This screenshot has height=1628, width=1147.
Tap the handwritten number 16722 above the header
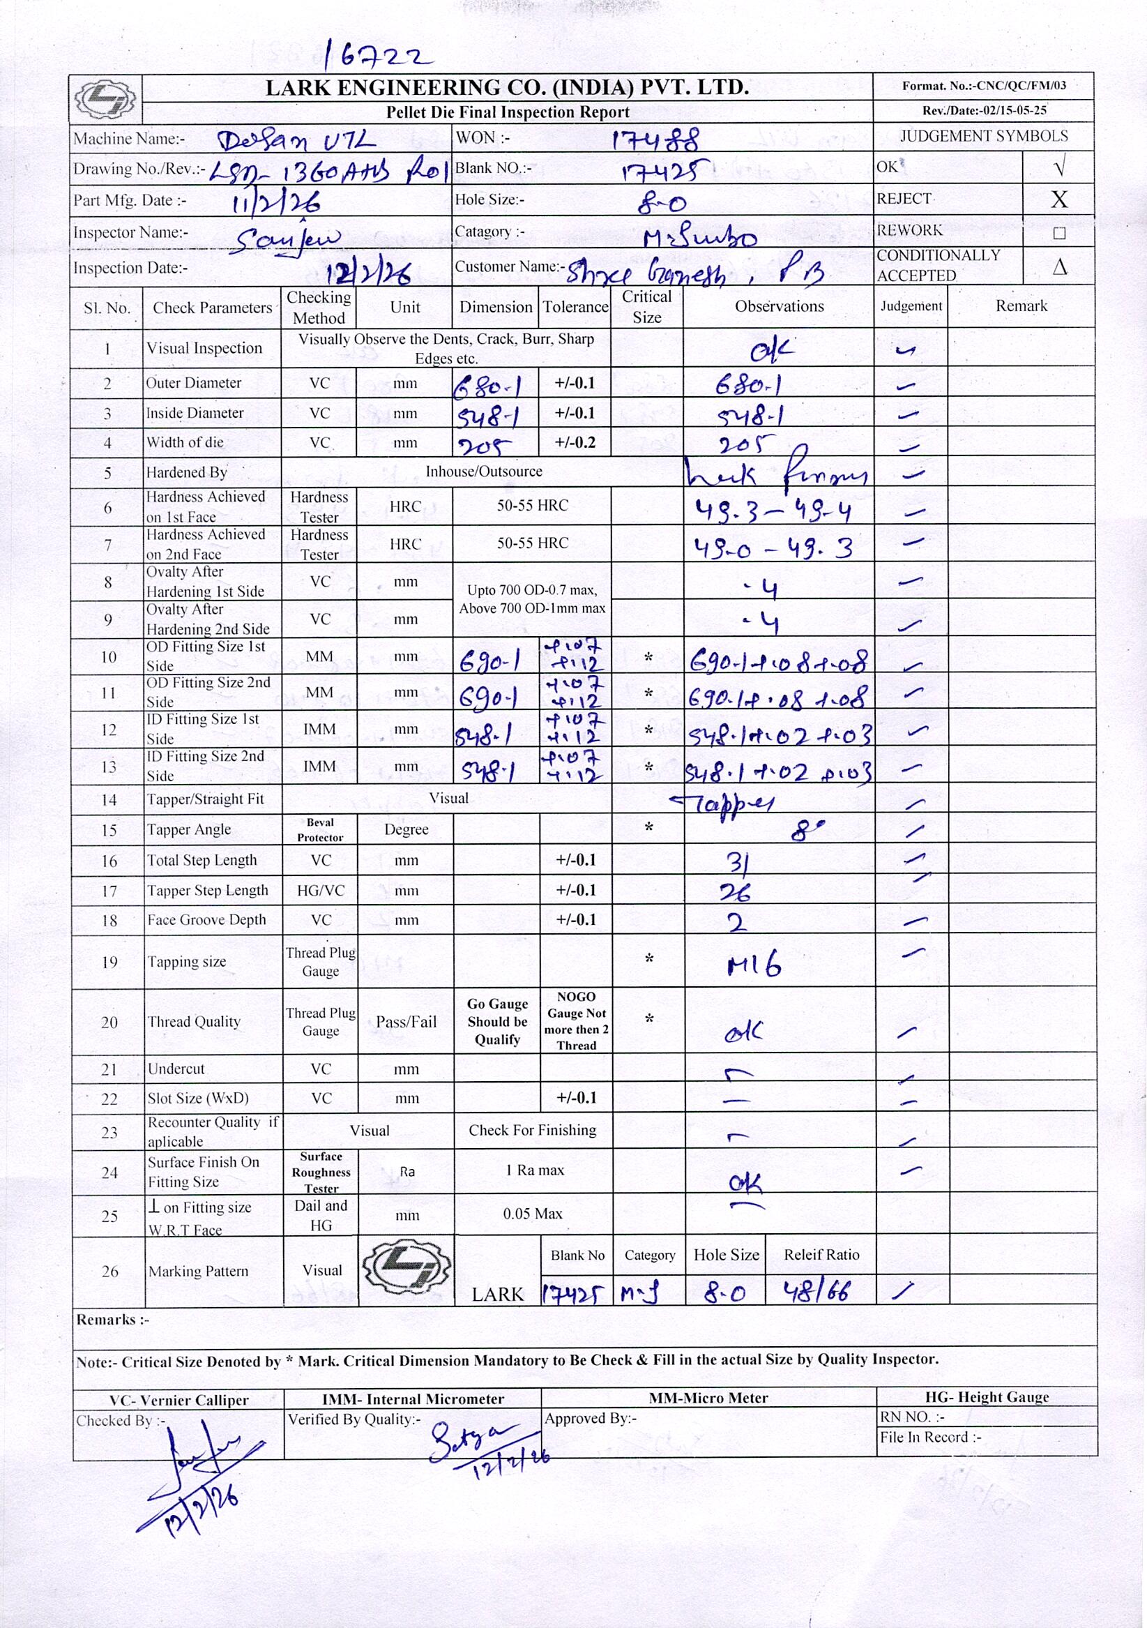click(x=377, y=54)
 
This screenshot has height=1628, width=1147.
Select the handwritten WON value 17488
click(x=655, y=139)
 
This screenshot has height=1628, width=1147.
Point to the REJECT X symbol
click(x=1058, y=199)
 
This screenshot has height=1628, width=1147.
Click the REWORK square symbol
click(x=1059, y=232)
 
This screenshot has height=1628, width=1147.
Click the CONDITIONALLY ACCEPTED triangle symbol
click(x=1059, y=266)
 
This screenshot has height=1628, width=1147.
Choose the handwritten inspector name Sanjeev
click(x=287, y=241)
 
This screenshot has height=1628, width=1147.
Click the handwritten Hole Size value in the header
click(x=662, y=204)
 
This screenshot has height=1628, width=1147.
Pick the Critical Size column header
click(x=646, y=307)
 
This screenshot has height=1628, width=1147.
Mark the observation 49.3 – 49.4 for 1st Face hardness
click(x=772, y=510)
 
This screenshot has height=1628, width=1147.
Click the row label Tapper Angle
click(x=188, y=829)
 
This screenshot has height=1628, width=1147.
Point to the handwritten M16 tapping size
click(x=754, y=965)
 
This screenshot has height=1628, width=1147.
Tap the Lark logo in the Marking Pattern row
click(x=406, y=1271)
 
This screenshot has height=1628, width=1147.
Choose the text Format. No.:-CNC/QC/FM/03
click(x=983, y=86)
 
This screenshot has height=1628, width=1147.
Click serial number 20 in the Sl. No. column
click(x=109, y=1022)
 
